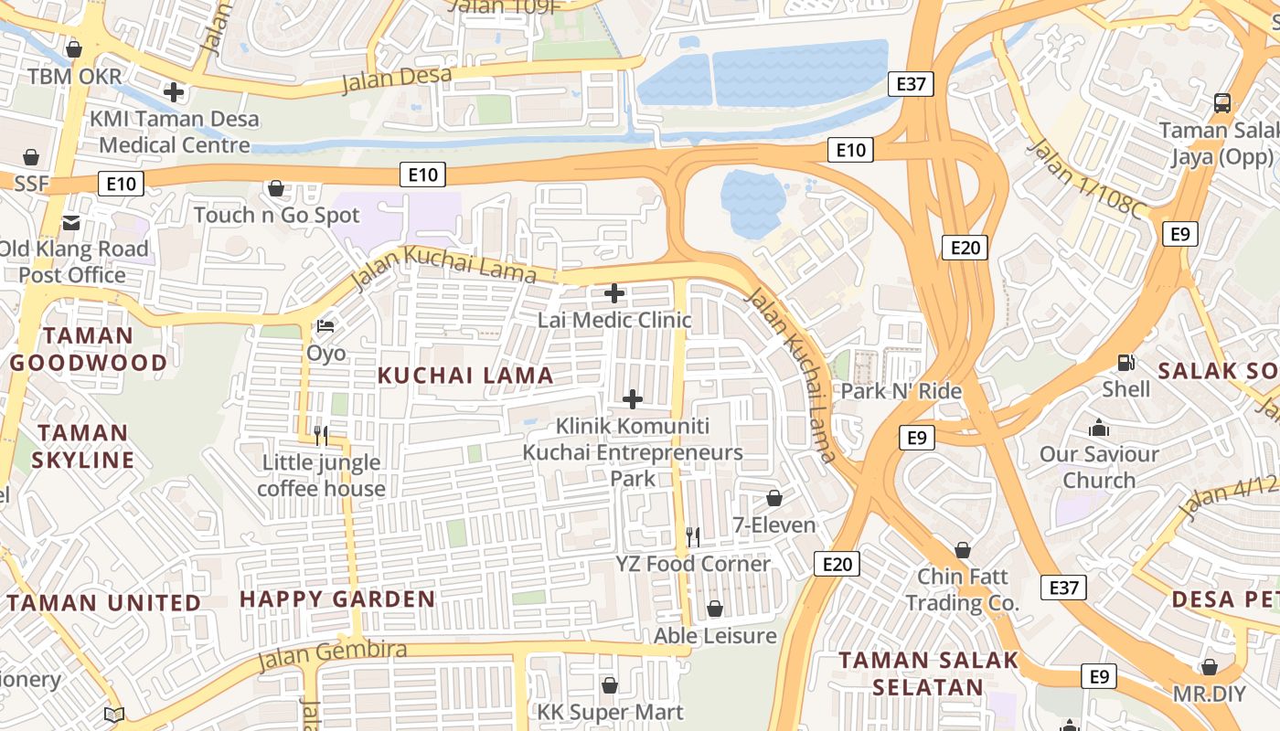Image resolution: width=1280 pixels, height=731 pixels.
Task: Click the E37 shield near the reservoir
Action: [x=911, y=85]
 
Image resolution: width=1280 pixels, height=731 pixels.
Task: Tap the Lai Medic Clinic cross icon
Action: [x=614, y=293]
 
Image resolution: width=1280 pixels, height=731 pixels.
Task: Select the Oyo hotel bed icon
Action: [x=325, y=326]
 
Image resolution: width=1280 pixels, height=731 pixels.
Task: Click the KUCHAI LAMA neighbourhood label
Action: [x=465, y=376]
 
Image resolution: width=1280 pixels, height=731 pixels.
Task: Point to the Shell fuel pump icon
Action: [x=1126, y=362]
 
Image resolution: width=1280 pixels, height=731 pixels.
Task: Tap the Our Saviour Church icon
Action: [x=1099, y=428]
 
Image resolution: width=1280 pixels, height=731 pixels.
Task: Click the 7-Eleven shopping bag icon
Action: [x=773, y=498]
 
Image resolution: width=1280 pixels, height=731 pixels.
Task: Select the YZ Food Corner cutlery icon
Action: [x=693, y=536]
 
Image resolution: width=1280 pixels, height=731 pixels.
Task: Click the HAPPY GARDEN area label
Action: [x=337, y=599]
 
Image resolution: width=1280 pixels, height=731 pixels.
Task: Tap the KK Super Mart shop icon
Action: [x=609, y=685]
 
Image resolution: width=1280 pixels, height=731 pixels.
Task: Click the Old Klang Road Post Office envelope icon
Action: [x=71, y=222]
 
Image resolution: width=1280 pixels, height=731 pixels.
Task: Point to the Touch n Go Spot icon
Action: [x=276, y=188]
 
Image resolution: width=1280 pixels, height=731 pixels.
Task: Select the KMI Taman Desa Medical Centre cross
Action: [x=174, y=91]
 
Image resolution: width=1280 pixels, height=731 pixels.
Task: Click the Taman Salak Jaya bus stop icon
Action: [x=1222, y=102]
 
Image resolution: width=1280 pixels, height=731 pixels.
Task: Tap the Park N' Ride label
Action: [x=901, y=391]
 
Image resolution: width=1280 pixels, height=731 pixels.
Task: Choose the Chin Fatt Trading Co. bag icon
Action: [x=962, y=550]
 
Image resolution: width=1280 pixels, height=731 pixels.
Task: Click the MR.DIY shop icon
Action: [x=1209, y=667]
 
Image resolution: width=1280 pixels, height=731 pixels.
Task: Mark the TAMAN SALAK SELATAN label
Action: [x=928, y=673]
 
